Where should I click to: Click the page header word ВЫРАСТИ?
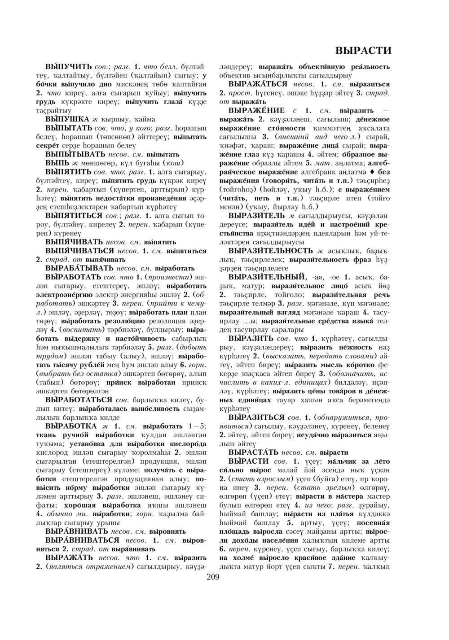coord(363,50)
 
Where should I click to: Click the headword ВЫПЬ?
coord(57,162)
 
